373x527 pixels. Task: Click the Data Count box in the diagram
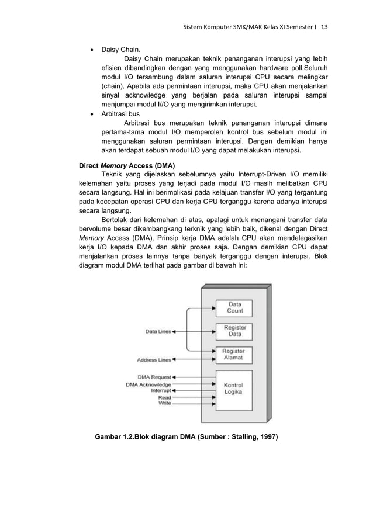(235, 307)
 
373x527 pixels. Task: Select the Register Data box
(235, 331)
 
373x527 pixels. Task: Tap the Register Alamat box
(235, 355)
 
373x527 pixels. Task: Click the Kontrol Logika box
(235, 389)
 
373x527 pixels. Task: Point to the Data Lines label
(158, 332)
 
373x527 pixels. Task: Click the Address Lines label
(154, 360)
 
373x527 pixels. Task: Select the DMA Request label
(154, 377)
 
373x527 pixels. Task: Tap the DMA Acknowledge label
(148, 384)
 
